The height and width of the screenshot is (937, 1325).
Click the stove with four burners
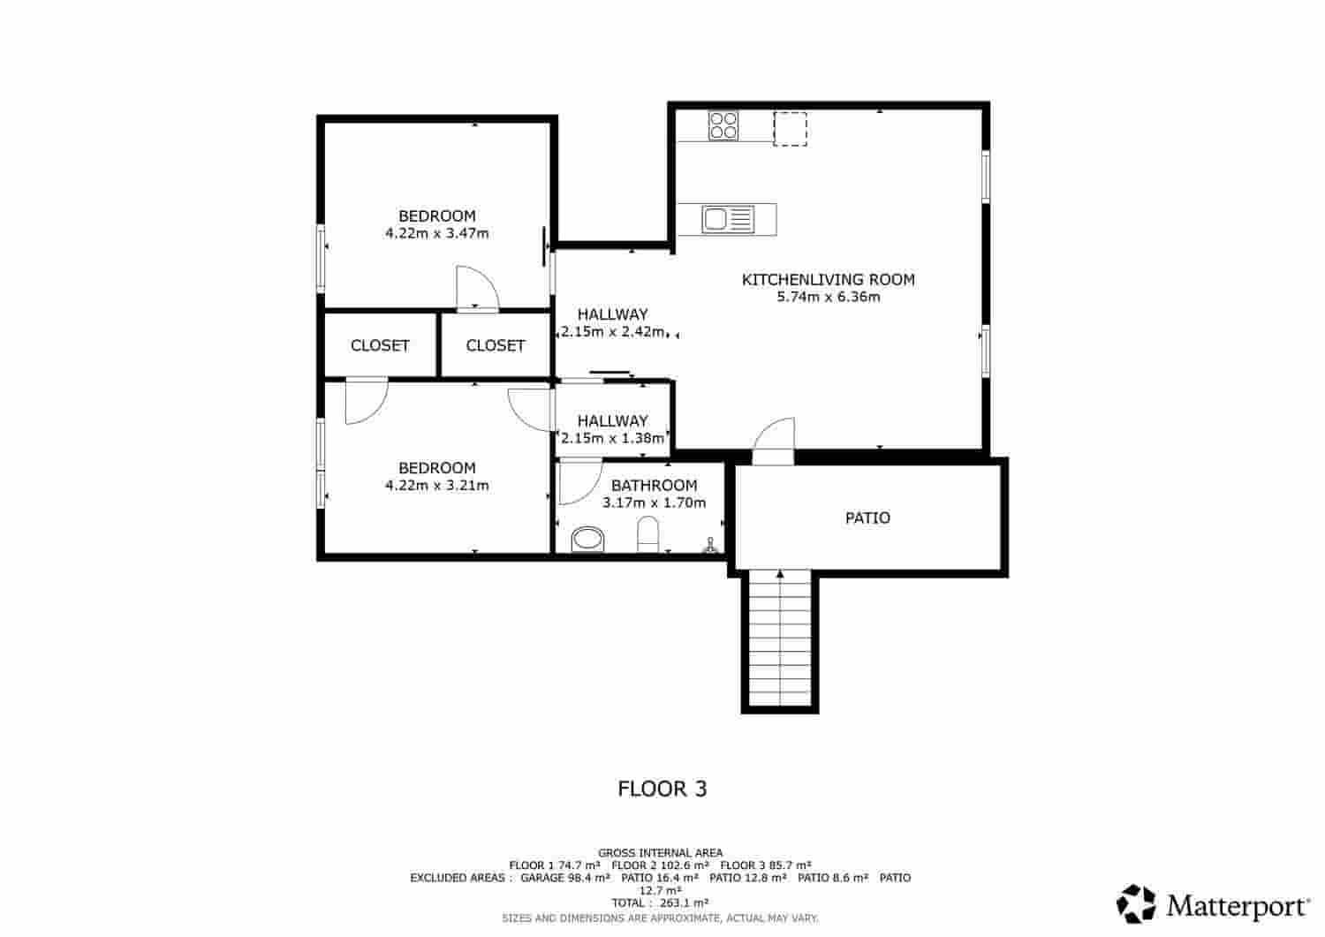point(723,125)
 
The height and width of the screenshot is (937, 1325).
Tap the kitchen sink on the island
point(727,219)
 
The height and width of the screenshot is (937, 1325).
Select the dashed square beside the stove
point(790,128)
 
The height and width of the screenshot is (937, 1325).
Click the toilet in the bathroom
point(647,535)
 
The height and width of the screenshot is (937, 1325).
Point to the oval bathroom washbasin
point(587,538)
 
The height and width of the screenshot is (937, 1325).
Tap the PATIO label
point(867,518)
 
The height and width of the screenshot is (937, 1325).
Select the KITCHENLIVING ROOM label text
point(828,280)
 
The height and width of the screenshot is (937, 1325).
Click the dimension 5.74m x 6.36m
point(828,298)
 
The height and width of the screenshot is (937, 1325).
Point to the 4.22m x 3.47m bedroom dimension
point(436,234)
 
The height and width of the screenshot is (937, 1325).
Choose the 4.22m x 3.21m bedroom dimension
point(436,486)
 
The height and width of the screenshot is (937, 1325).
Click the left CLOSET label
point(380,346)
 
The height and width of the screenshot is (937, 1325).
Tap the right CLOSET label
point(496,346)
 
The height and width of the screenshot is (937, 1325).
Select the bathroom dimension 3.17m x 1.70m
point(654,503)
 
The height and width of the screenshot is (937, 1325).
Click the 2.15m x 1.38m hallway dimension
point(612,438)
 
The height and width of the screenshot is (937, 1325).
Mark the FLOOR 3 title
point(662,789)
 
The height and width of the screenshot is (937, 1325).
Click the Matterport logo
point(1215,904)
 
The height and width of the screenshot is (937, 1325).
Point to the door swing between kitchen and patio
point(776,440)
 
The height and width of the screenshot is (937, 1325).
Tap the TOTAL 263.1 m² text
point(660,903)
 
